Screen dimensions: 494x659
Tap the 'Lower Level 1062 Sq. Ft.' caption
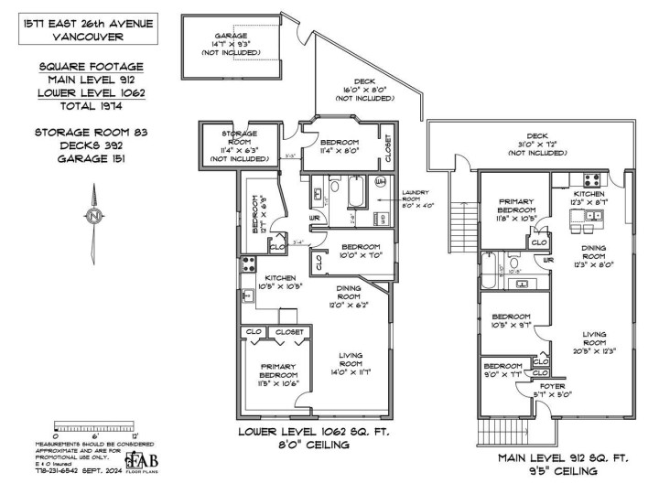[301, 431]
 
